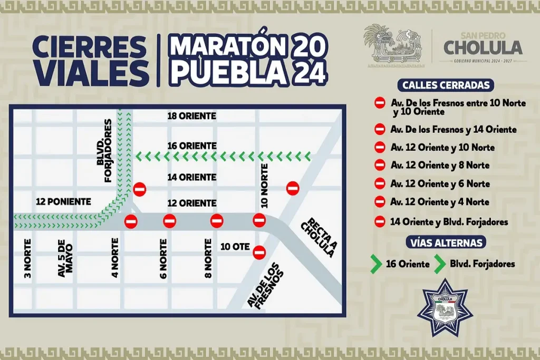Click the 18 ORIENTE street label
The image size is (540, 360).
point(191,116)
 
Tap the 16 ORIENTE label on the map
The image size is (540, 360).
point(191,145)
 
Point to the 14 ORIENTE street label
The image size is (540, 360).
point(191,178)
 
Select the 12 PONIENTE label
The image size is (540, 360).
point(63,201)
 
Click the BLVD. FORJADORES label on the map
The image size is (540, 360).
point(104,151)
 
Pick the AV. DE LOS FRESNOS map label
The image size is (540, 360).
point(265,285)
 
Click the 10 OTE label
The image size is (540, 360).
point(234,246)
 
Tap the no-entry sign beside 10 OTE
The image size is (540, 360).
point(258,252)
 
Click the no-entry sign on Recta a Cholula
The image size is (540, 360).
point(293,188)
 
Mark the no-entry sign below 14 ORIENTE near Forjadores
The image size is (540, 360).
point(139,189)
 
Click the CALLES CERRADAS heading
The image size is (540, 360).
point(446,85)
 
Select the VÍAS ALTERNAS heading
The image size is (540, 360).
point(446,242)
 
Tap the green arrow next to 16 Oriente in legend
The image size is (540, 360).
point(375,264)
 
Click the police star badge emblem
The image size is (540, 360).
point(445,308)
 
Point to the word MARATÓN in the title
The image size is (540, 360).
point(228,47)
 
